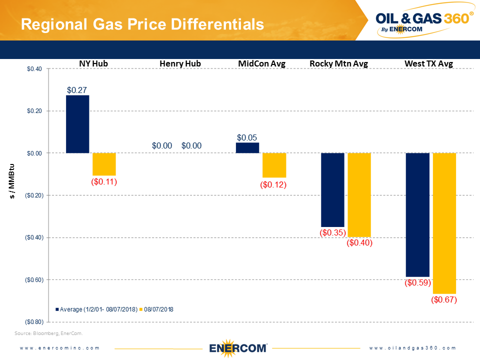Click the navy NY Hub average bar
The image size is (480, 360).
point(77,124)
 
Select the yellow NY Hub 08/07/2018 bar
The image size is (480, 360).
point(104,164)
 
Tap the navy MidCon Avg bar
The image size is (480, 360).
point(247,147)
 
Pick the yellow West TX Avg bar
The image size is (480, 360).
point(444,223)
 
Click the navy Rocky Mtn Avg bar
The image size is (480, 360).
point(332,190)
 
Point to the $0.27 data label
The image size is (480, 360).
point(77,90)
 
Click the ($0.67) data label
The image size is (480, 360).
point(444,300)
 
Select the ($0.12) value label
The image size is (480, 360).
point(274,184)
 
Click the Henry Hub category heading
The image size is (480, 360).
point(180,63)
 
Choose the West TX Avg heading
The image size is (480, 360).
point(428,63)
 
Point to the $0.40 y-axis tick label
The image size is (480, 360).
point(34,69)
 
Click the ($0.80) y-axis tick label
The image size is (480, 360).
point(33,321)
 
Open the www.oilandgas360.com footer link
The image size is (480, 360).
point(412,348)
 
